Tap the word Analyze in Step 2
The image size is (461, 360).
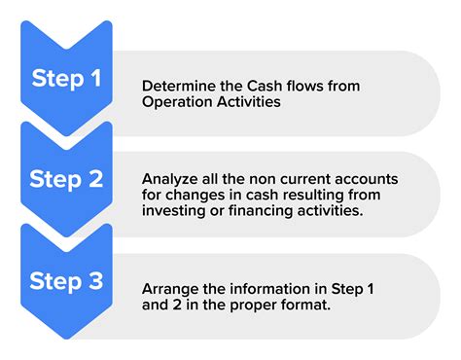click(x=168, y=178)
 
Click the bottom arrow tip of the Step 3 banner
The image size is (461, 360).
click(x=65, y=338)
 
